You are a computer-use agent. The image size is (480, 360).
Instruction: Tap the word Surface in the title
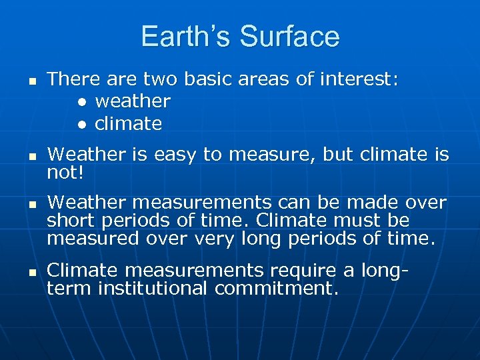(290, 37)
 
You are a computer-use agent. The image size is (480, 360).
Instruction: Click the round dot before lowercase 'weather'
(81, 103)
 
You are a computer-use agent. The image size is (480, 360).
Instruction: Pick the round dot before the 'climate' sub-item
(81, 125)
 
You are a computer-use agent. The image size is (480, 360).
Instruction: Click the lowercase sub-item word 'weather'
(133, 102)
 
